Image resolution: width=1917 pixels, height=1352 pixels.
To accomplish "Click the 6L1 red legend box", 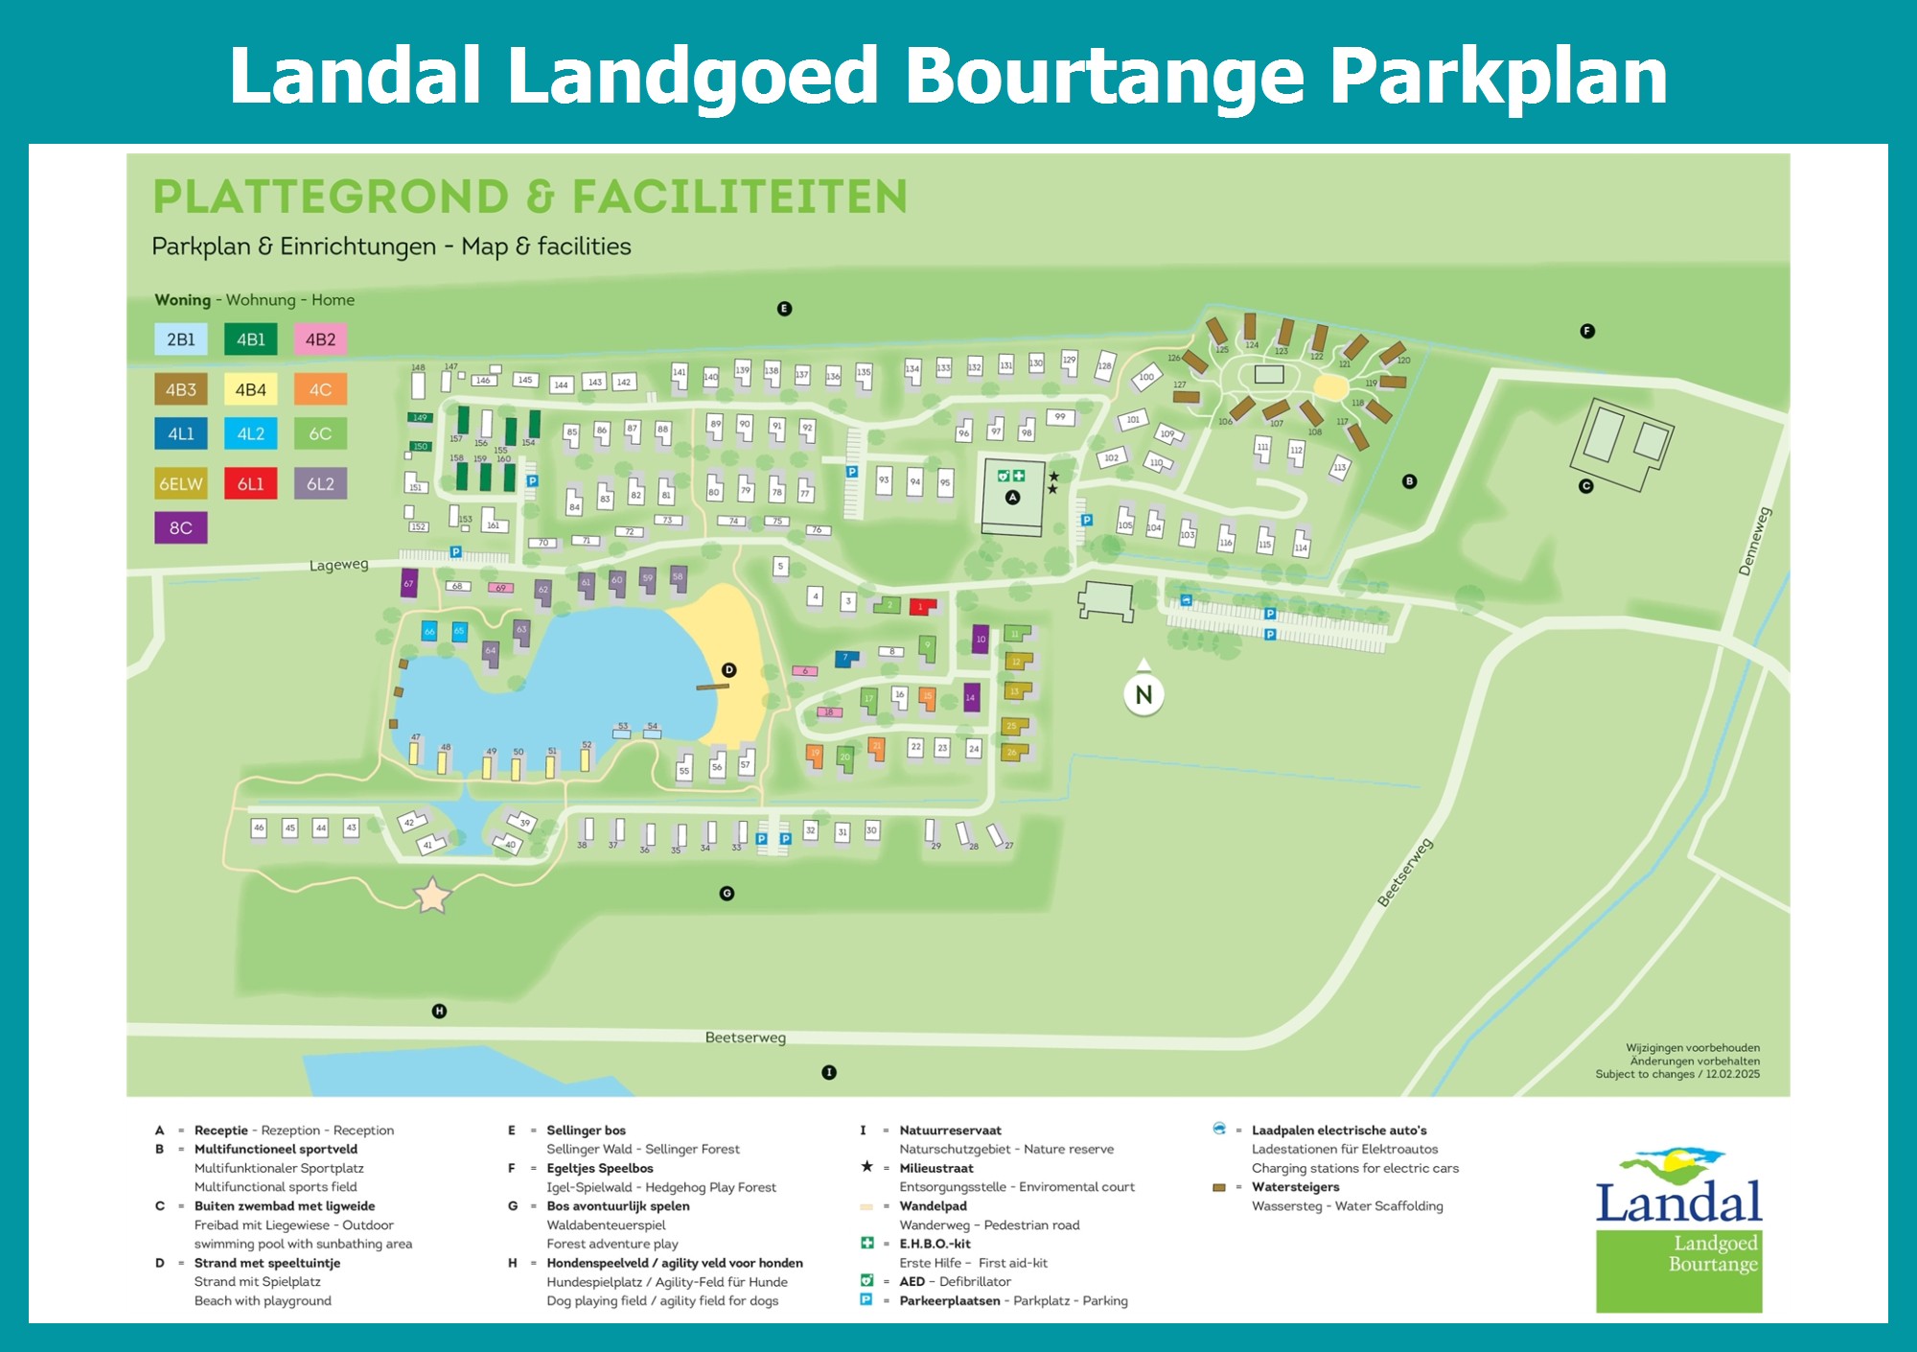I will [x=250, y=483].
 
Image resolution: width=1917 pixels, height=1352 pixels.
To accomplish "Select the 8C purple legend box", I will [x=180, y=527].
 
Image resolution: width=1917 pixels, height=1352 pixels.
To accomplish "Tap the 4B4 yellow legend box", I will [x=250, y=389].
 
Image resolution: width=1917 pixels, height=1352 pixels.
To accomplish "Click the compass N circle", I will [x=1143, y=694].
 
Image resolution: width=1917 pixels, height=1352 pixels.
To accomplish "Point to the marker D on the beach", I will [x=728, y=670].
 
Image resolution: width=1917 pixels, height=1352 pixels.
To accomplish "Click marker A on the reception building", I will [x=1012, y=497].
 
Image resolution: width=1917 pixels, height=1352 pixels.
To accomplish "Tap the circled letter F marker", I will [x=1587, y=331].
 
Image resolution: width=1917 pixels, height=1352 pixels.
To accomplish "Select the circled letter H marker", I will [x=439, y=1011].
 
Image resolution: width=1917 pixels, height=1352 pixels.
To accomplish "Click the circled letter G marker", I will [x=727, y=893].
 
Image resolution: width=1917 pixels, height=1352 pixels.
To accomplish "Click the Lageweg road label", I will [x=338, y=565].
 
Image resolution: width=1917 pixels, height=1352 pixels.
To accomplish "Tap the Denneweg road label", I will [x=1755, y=542].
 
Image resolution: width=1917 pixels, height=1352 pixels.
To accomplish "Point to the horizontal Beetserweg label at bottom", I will [x=745, y=1037].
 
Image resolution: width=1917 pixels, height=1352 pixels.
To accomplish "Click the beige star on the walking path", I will [x=432, y=896].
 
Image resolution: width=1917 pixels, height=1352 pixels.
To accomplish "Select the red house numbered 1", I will [x=921, y=605].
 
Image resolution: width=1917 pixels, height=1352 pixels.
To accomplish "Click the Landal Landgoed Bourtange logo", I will [x=1678, y=1230].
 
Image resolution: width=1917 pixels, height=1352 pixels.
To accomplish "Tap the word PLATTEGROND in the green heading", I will [x=331, y=197].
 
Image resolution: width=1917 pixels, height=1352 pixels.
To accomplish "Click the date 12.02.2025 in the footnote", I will [x=1732, y=1074].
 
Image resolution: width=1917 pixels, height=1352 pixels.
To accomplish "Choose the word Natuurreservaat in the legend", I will [x=950, y=1131].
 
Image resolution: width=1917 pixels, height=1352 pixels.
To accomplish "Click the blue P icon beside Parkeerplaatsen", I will [x=866, y=1300].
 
